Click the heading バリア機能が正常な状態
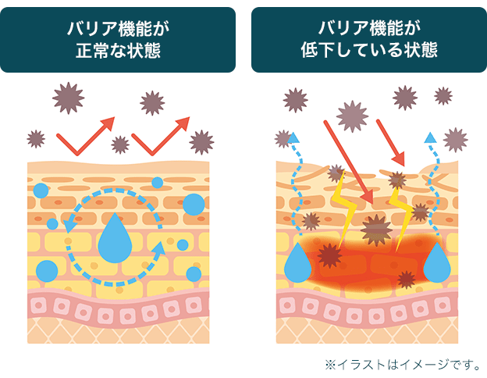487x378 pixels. [x=118, y=40]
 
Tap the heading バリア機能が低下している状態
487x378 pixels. [x=368, y=40]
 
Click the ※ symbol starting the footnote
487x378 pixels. [x=329, y=364]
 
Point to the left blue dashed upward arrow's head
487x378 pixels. [x=293, y=138]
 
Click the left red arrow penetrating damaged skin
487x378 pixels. [x=347, y=160]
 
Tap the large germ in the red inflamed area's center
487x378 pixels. [x=377, y=230]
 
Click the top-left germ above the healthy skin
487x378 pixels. [x=67, y=98]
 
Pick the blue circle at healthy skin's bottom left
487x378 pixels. [x=47, y=270]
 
